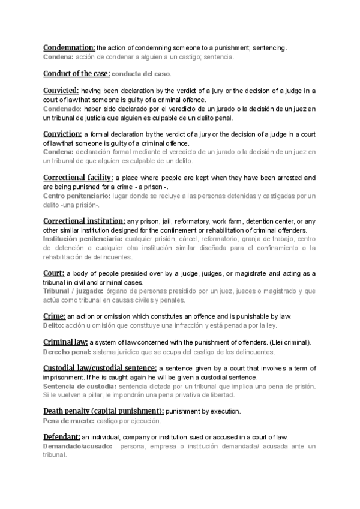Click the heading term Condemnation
click(x=69, y=47)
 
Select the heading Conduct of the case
click(x=76, y=74)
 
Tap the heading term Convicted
click(x=61, y=91)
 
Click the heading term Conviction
click(x=62, y=134)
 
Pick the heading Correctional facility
click(x=78, y=178)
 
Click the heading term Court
click(x=53, y=273)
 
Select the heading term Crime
click(x=54, y=316)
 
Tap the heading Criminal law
click(x=65, y=342)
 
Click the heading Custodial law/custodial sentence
click(x=100, y=368)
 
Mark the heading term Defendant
click(x=62, y=437)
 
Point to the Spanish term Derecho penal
click(x=67, y=351)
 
